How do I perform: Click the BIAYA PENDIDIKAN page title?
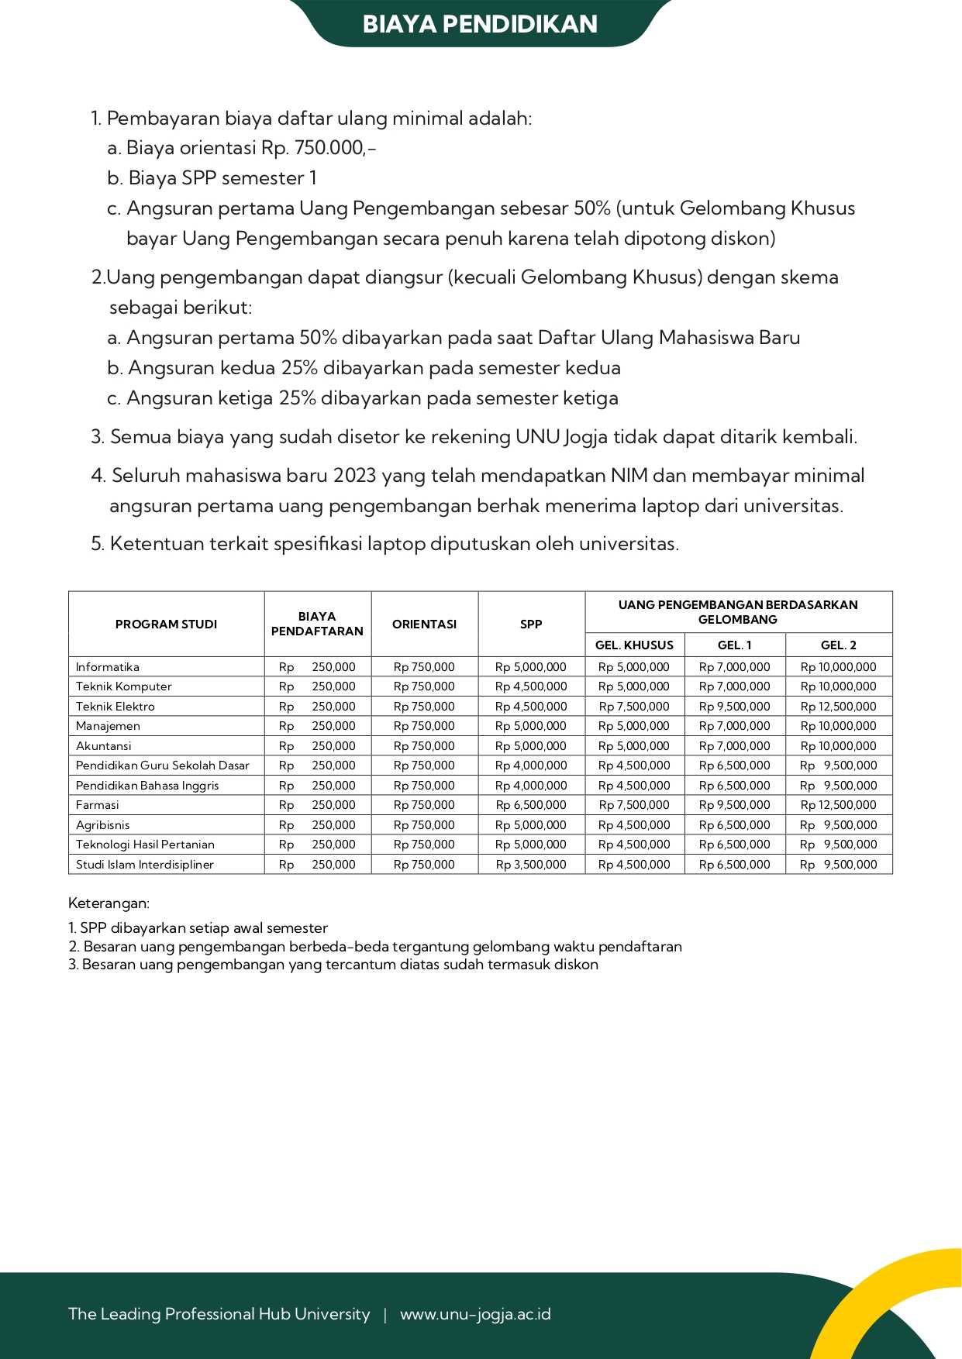[480, 24]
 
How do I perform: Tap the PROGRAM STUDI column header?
[166, 624]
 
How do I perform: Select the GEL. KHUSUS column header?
[634, 645]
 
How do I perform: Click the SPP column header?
[531, 624]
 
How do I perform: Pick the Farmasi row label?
[98, 805]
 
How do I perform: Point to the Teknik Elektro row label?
[116, 707]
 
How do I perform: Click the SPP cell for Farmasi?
[531, 805]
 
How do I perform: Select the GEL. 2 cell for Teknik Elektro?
[838, 707]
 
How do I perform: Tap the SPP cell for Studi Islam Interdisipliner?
[531, 865]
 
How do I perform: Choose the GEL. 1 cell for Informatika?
[734, 667]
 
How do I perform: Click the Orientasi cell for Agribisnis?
[424, 825]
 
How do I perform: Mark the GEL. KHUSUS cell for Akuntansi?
[634, 746]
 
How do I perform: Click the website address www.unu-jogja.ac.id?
[475, 1314]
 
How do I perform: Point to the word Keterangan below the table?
[109, 903]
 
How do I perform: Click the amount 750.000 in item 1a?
[329, 148]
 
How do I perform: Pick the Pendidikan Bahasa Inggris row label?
[147, 786]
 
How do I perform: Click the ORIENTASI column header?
[424, 624]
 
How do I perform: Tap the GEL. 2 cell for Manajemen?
[838, 726]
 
